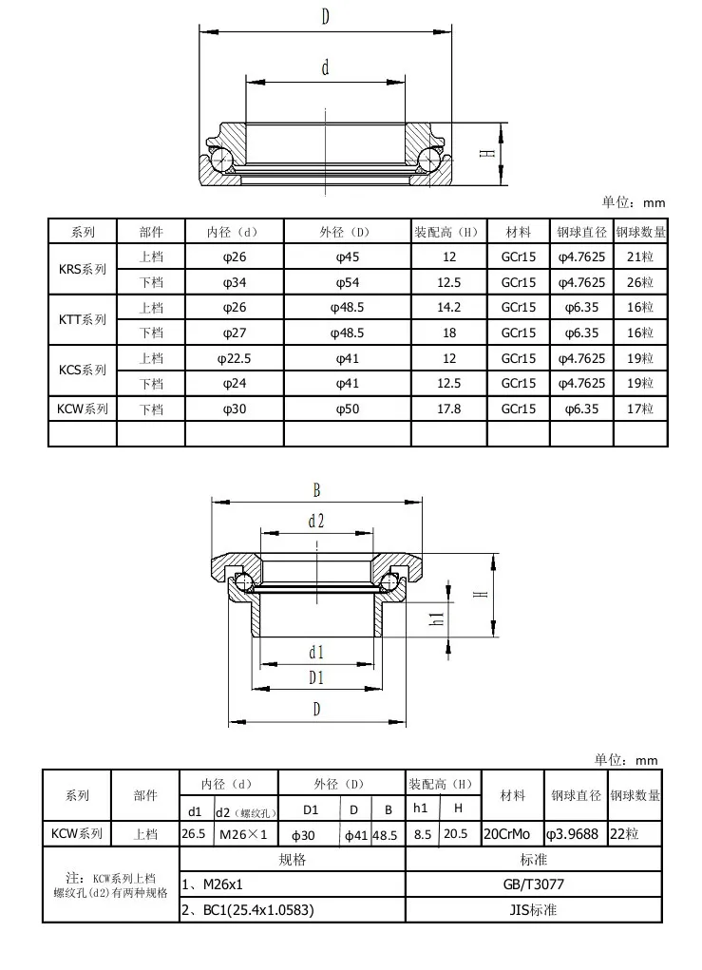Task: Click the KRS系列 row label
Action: tap(82, 269)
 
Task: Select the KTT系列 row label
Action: tap(82, 320)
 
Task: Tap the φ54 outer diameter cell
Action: tap(347, 282)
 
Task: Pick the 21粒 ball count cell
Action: tap(640, 257)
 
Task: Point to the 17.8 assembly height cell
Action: tap(449, 409)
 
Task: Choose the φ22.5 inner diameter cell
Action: tap(234, 358)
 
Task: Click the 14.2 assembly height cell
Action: tap(449, 308)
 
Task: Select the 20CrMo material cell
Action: tap(512, 833)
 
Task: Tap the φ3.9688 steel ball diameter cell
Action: tap(573, 833)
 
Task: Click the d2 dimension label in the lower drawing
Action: tap(316, 521)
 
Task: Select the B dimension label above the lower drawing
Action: tap(316, 490)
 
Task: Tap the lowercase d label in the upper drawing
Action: tap(325, 67)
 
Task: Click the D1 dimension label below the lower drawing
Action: tap(316, 677)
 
